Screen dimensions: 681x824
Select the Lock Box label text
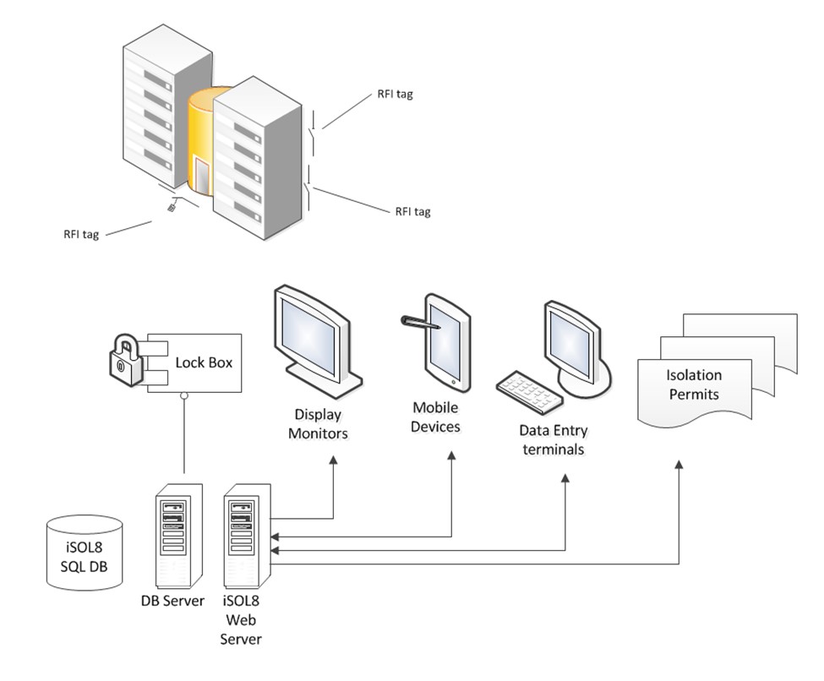(203, 362)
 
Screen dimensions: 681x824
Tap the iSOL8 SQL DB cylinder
(84, 551)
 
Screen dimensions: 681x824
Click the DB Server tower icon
(180, 537)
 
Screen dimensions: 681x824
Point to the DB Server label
(172, 601)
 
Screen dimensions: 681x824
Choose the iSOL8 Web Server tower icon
(246, 537)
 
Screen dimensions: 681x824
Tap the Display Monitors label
(319, 424)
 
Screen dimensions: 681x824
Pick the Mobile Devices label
(435, 417)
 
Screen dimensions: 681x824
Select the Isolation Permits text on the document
(694, 384)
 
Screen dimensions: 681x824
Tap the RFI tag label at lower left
(81, 235)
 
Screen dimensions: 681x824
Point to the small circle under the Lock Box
(183, 395)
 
